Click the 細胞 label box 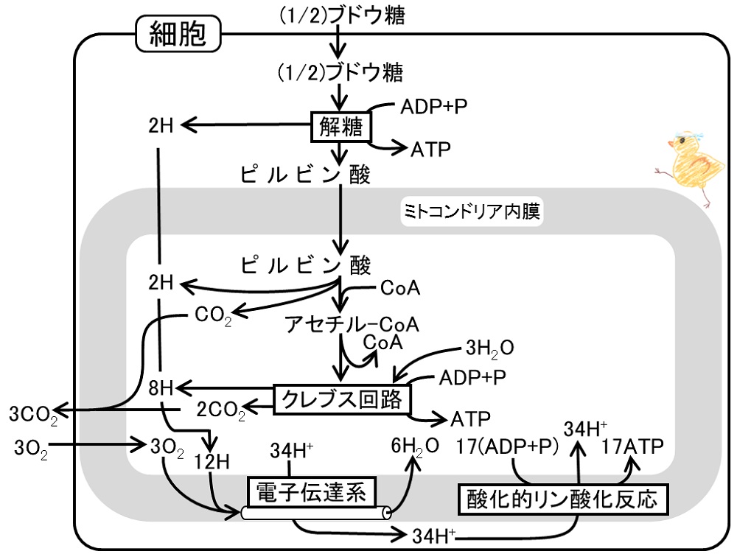click(178, 33)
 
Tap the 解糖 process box click(340, 127)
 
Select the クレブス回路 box click(342, 399)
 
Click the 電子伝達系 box click(311, 492)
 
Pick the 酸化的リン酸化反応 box click(562, 499)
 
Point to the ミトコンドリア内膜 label click(472, 211)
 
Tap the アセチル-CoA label click(352, 324)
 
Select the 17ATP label click(632, 446)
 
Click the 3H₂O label click(490, 348)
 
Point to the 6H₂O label click(415, 446)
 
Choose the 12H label click(212, 462)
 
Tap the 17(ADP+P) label click(508, 446)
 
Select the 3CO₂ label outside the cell click(34, 415)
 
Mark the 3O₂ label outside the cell click(31, 448)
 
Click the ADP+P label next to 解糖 click(434, 107)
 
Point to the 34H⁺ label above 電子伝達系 click(291, 451)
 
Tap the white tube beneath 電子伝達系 click(316, 513)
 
